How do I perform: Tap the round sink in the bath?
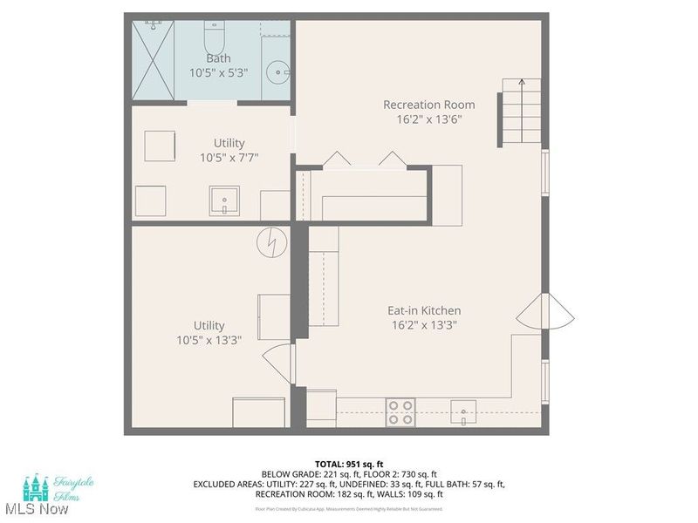(278, 70)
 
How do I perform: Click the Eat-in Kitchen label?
(424, 310)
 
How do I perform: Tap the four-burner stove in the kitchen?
(400, 411)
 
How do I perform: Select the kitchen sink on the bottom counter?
(462, 409)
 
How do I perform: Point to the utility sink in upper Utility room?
(224, 201)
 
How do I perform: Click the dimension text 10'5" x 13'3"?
(209, 341)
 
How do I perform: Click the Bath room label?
(218, 58)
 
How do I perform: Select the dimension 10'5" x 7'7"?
(229, 158)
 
